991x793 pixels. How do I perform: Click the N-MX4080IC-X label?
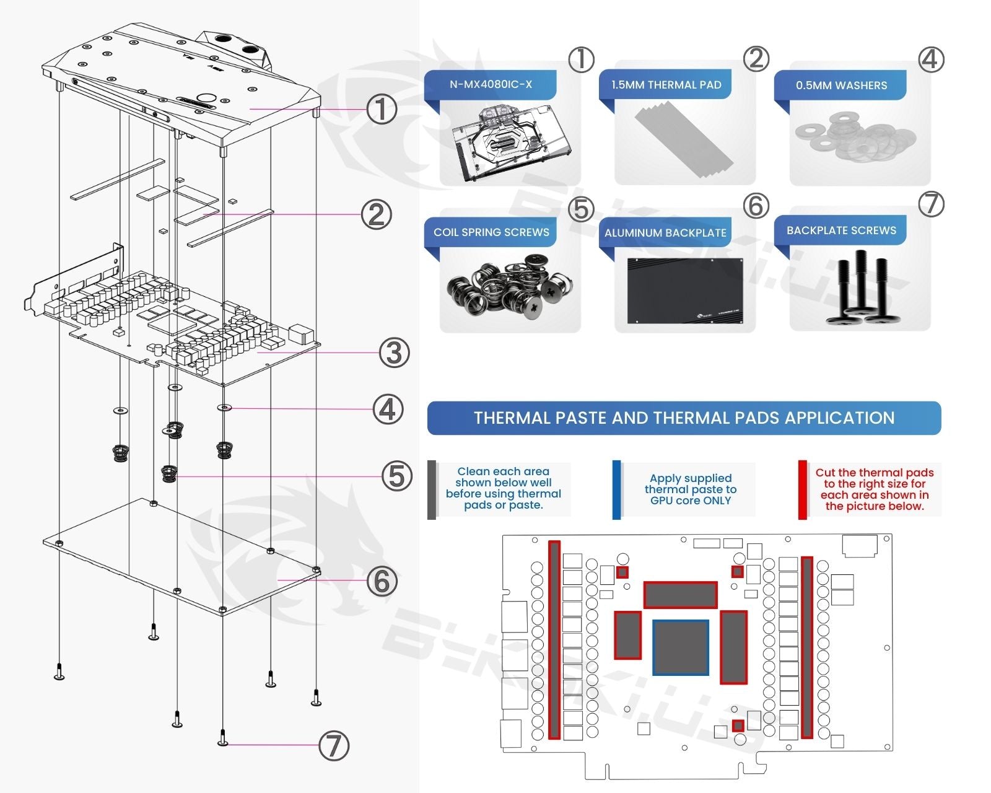coord(491,84)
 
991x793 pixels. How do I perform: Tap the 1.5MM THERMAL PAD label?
coord(666,85)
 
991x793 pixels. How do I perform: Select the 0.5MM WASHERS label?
coord(841,85)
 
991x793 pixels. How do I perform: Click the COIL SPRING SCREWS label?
coord(491,232)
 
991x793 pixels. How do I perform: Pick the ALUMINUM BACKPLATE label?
coord(665,233)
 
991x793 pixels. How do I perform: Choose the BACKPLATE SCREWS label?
coord(841,230)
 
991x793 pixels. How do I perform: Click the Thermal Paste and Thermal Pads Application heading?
coord(684,418)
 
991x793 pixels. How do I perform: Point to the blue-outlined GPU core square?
coord(681,647)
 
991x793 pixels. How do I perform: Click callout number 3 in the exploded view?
coord(395,353)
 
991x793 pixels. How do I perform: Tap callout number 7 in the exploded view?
coord(334,745)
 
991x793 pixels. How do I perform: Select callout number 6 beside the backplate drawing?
coord(382,581)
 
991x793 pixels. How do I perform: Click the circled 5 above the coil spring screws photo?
coord(581,209)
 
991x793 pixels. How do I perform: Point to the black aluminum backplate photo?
coord(684,291)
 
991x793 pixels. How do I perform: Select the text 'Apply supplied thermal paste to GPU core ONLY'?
coord(691,489)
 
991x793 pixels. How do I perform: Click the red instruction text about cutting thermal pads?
coord(874,489)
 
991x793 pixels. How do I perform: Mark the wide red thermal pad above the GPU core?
coord(680,595)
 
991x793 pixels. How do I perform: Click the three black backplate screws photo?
coord(860,288)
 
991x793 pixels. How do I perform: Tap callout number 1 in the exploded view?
coord(382,109)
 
